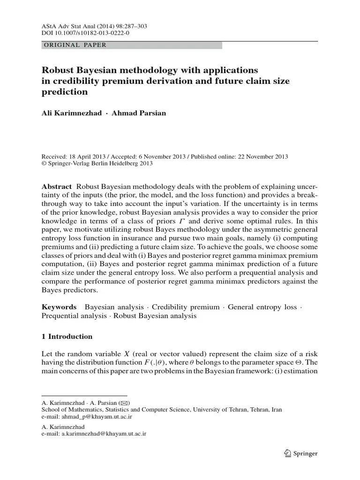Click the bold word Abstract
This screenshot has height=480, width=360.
(x=56, y=186)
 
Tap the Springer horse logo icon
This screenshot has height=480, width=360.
(x=287, y=453)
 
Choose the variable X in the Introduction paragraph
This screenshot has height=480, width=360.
(x=113, y=353)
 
